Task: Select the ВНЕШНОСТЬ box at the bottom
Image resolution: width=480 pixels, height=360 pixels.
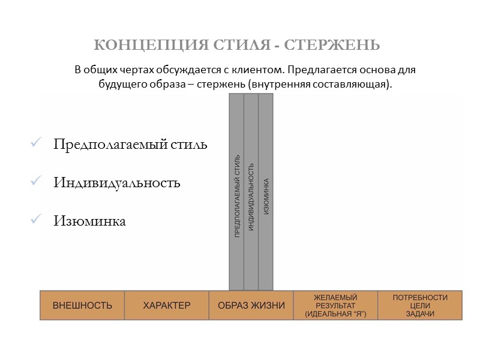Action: (x=82, y=305)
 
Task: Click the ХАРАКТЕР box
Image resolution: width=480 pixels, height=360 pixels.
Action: (x=167, y=305)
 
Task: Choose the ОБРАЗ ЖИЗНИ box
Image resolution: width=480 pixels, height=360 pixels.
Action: (x=251, y=305)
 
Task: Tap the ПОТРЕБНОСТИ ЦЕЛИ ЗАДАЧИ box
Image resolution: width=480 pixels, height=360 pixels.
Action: (x=420, y=305)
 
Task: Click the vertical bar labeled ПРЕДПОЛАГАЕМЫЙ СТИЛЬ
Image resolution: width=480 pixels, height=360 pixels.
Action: (x=236, y=192)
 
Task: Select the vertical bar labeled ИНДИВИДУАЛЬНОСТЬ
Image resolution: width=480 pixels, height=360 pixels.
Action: (x=251, y=192)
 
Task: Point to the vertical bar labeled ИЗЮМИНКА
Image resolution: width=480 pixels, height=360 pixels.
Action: (x=266, y=192)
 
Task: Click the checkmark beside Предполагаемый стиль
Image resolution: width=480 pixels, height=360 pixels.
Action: (x=34, y=145)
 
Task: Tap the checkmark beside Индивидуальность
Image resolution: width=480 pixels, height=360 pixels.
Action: (x=34, y=182)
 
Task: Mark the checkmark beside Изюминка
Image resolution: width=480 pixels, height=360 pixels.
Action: (x=34, y=221)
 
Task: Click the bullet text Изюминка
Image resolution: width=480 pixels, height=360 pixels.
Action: (x=89, y=221)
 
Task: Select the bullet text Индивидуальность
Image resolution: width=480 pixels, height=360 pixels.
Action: (x=116, y=183)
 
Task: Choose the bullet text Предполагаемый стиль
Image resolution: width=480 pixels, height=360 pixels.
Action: (x=130, y=145)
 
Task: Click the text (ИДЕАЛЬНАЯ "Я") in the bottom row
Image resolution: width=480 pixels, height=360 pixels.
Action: (x=335, y=314)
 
